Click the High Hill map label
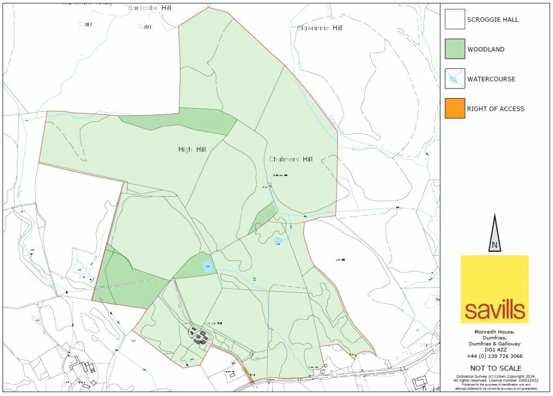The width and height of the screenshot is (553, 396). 192,149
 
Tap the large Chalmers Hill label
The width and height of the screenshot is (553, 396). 291,159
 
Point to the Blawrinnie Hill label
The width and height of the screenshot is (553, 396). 319,28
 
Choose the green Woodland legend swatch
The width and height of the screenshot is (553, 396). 455,49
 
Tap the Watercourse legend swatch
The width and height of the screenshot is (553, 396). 455,79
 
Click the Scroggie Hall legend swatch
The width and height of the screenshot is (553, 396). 455,19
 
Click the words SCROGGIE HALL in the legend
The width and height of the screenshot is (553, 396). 493,20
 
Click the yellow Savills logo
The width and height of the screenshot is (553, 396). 494,289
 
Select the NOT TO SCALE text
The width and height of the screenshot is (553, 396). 494,368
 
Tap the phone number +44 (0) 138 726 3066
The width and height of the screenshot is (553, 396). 494,356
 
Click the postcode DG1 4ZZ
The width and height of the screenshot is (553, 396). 494,350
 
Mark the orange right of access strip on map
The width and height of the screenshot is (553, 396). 247,374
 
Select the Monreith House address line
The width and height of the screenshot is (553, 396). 494,331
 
